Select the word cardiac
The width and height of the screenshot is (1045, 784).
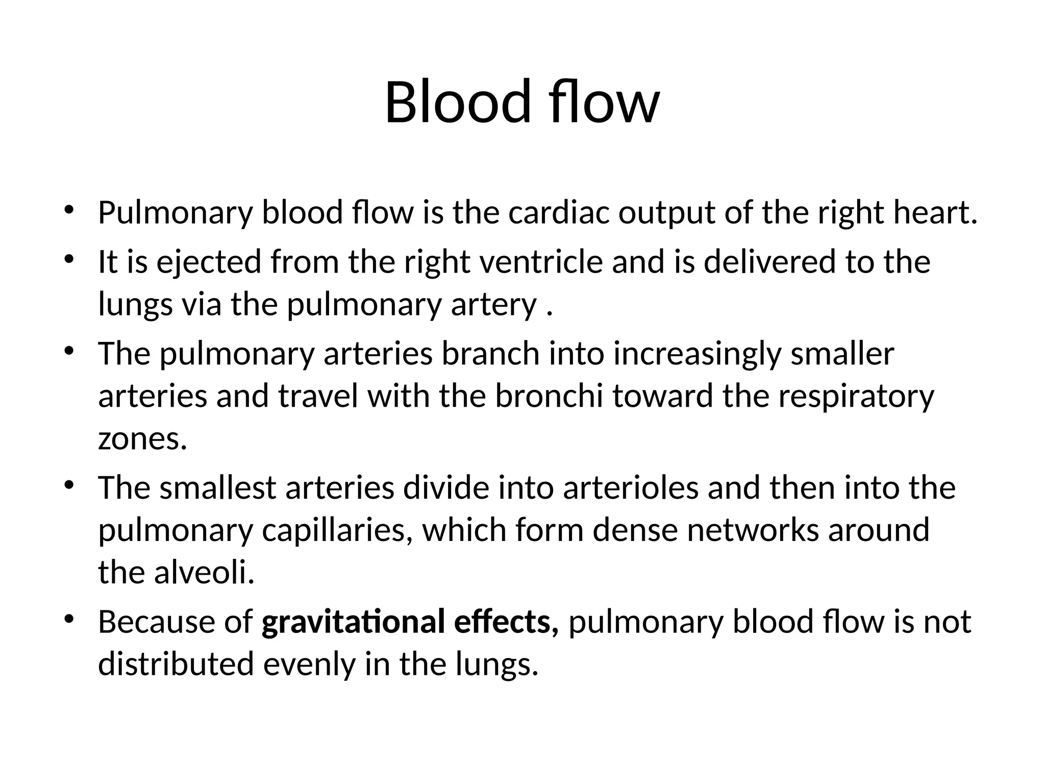pyautogui.click(x=558, y=213)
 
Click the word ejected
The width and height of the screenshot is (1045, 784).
pyautogui.click(x=208, y=262)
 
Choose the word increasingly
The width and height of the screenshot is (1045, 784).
pyautogui.click(x=696, y=354)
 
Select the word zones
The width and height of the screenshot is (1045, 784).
pyautogui.click(x=142, y=439)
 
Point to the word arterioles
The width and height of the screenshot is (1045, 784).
pyautogui.click(x=631, y=488)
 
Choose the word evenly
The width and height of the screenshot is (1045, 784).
pyautogui.click(x=309, y=665)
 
